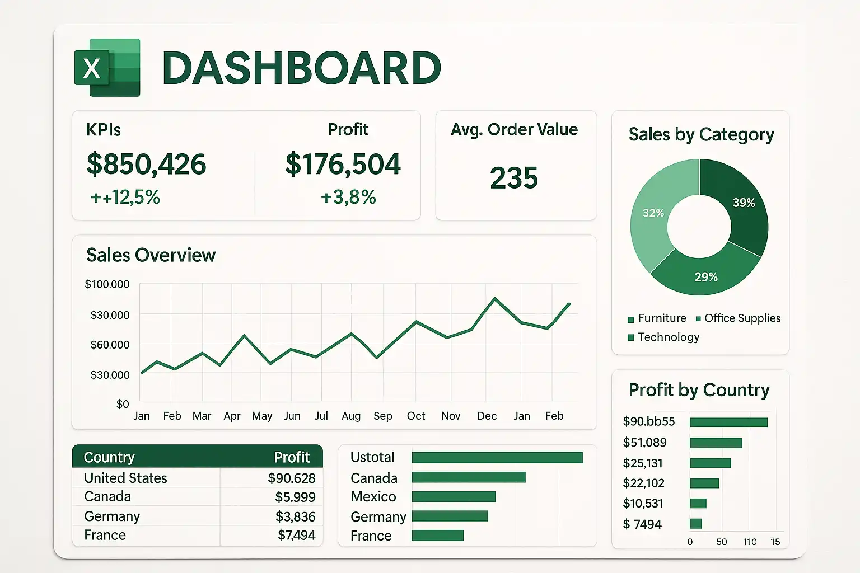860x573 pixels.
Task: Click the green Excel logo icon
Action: (x=107, y=68)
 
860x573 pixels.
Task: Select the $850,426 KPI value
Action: (x=146, y=164)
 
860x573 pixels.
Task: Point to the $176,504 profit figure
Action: (x=343, y=164)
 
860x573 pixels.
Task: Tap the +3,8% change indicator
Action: (x=348, y=197)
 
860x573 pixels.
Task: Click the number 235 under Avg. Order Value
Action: (x=513, y=178)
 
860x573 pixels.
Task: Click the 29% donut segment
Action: (x=705, y=274)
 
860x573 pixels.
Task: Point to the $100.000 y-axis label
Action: (x=107, y=284)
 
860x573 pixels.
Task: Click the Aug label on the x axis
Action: (x=351, y=416)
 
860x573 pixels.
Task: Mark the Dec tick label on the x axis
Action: (x=487, y=416)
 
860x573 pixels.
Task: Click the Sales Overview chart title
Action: (x=151, y=255)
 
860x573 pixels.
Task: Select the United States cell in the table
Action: (x=125, y=478)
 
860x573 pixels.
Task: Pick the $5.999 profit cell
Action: (x=295, y=497)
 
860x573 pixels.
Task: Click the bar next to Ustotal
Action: (x=497, y=458)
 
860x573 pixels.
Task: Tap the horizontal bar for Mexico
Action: (x=454, y=496)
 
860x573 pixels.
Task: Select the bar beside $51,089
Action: (x=716, y=443)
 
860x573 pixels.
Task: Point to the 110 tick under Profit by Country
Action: (x=750, y=542)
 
